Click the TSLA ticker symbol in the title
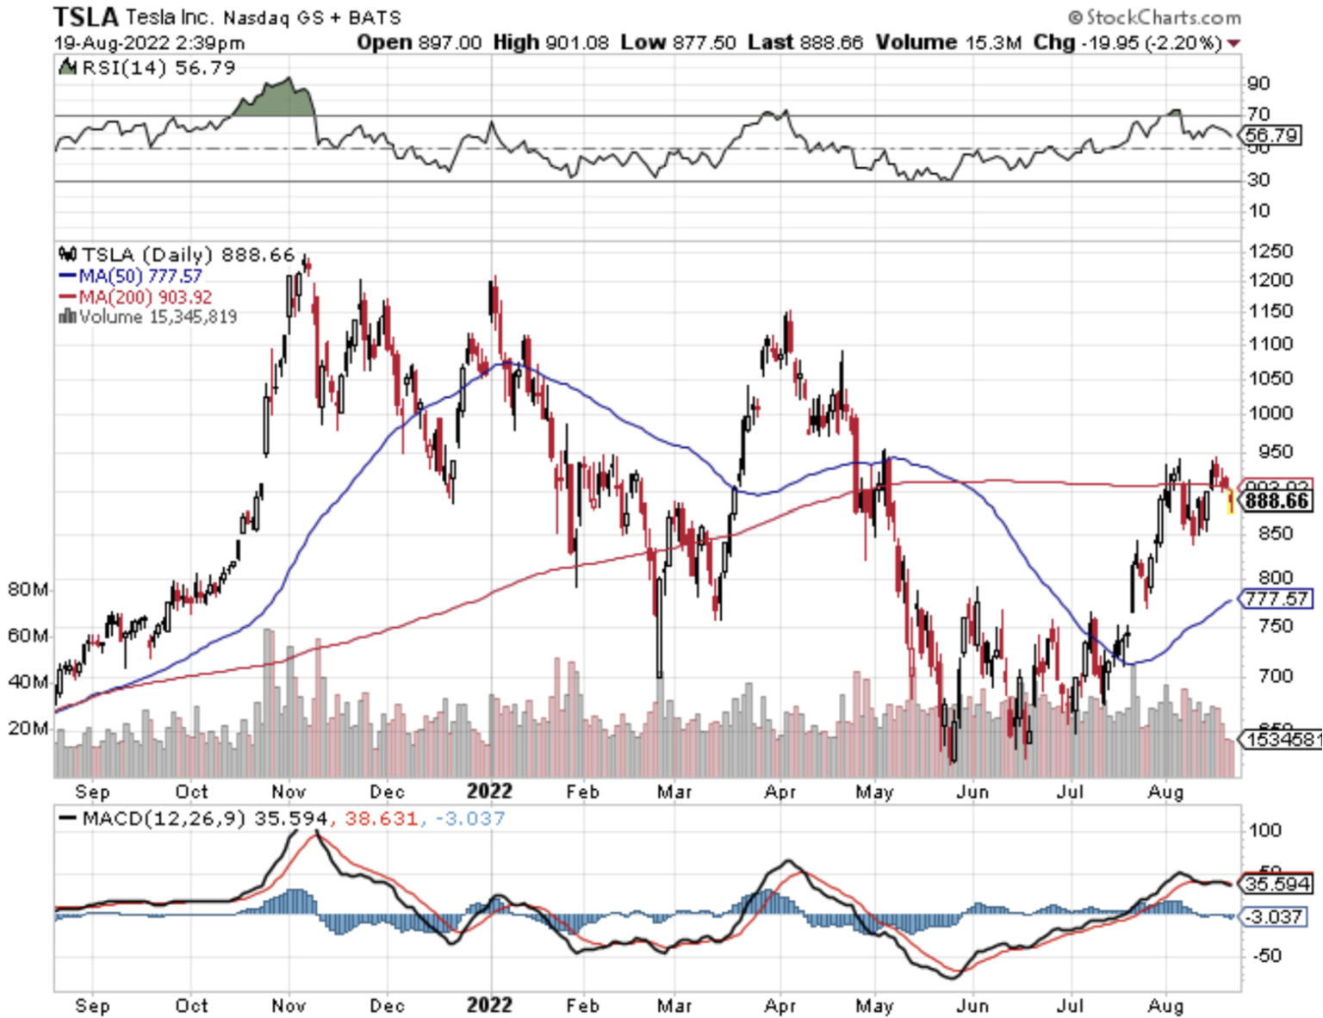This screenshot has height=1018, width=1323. (85, 16)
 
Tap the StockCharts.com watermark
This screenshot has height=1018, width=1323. (1155, 17)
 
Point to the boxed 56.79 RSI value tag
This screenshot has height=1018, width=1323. (1271, 135)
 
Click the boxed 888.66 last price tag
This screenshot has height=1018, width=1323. (1276, 501)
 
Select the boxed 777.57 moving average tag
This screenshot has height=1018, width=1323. (1276, 599)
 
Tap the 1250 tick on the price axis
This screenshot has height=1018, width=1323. (1270, 251)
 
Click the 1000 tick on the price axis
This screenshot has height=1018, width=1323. (1270, 413)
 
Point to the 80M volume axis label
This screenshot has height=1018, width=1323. (28, 590)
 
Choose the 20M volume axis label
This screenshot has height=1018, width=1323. (28, 728)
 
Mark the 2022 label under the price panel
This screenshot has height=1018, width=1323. (489, 791)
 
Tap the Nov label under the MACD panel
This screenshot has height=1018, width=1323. (289, 1006)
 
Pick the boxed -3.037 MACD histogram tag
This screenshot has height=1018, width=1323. (1275, 917)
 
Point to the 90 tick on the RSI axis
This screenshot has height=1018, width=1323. (1258, 84)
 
